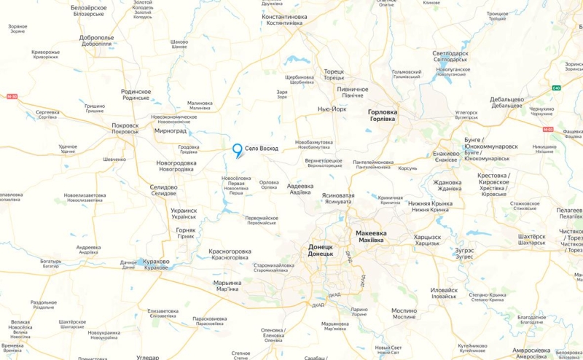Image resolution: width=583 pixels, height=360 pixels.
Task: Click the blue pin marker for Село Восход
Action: pos(237,150)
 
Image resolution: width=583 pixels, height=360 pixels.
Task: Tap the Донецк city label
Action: pos(321,247)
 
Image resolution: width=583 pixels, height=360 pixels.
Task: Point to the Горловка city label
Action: pos(383,111)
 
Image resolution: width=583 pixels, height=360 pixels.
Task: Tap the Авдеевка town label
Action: pos(300,186)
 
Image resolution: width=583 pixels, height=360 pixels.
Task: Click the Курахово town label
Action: pos(157,261)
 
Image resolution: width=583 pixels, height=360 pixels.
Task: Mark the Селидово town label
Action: pos(163,187)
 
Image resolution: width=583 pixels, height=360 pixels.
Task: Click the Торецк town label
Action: pos(334,72)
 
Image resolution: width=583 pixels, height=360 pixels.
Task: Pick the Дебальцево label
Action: pos(506,99)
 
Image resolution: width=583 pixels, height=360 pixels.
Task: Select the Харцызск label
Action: pos(427,237)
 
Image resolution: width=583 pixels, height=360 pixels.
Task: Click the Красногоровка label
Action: pos(230,251)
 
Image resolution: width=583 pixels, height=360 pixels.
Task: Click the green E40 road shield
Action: pos(557,88)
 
